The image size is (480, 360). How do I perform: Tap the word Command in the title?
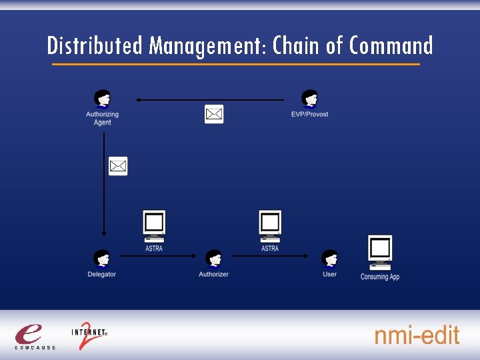[391, 45]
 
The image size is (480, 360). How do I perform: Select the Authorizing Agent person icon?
[102, 99]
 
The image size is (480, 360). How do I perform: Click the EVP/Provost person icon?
[309, 99]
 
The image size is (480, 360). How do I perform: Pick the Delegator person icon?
[101, 259]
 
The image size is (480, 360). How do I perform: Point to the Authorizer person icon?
[213, 259]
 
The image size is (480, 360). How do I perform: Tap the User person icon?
[329, 259]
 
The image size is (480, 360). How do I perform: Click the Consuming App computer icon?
[380, 252]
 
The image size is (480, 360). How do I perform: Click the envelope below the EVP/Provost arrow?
[213, 115]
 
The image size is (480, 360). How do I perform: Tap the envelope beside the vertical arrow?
[118, 166]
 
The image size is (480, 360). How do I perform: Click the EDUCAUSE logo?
[34, 335]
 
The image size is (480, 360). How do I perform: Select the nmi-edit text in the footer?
[417, 335]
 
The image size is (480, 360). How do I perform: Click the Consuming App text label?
[380, 277]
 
